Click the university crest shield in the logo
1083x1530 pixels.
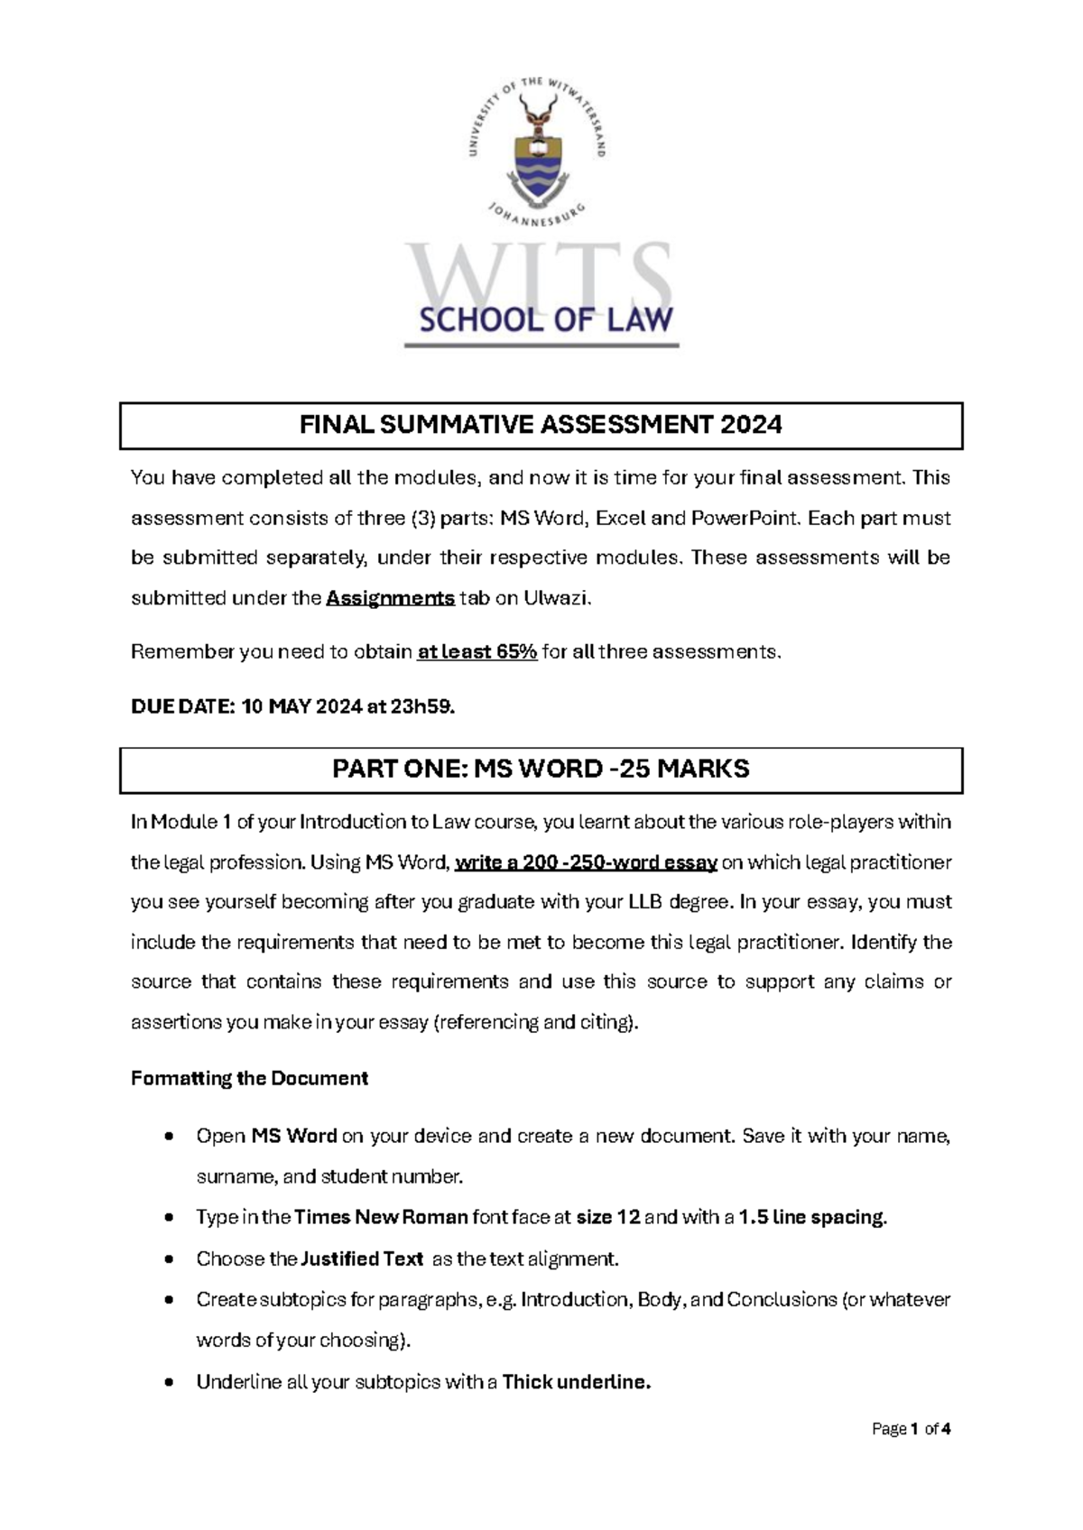click(537, 162)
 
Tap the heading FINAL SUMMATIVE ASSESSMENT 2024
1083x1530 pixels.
click(541, 425)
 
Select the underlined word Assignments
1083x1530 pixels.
click(390, 598)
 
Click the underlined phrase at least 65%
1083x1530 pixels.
click(477, 651)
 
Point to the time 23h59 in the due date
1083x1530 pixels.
click(421, 707)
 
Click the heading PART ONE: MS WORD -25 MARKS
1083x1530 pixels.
click(541, 770)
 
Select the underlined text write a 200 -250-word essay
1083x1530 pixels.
click(587, 863)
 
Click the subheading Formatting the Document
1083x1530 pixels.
click(249, 1079)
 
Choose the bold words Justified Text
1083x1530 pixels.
click(362, 1259)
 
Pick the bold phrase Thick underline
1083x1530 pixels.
click(576, 1383)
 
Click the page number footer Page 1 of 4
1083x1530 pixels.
click(912, 1429)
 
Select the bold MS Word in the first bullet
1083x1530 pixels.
click(294, 1137)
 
